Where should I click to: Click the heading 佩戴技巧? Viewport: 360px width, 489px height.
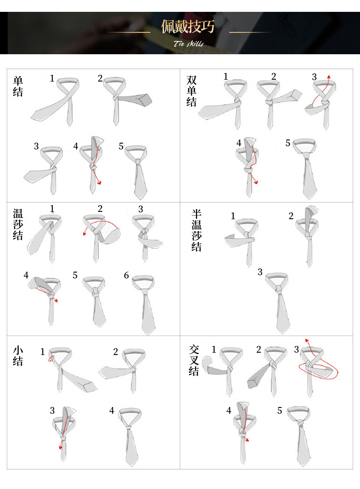(188, 26)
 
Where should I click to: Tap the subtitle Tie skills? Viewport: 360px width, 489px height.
(189, 43)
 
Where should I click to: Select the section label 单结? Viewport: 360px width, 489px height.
(18, 87)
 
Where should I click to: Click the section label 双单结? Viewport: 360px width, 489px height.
(191, 91)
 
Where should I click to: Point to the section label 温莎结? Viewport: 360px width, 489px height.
(18, 224)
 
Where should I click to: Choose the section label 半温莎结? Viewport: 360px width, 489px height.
(196, 230)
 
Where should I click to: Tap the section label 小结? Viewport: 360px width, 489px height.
(18, 355)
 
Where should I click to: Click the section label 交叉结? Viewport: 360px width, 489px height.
(194, 360)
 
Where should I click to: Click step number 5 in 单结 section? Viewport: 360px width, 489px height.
(121, 146)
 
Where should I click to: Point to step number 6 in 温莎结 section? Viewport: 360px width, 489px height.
(126, 275)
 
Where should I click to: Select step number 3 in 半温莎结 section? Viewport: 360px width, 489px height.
(260, 272)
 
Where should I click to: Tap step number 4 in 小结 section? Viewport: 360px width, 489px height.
(112, 411)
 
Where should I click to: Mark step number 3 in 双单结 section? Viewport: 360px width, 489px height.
(314, 77)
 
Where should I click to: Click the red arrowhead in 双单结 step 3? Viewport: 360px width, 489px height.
(329, 77)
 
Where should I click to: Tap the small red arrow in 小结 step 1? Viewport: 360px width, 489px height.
(51, 359)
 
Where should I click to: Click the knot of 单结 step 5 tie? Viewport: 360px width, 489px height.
(138, 161)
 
